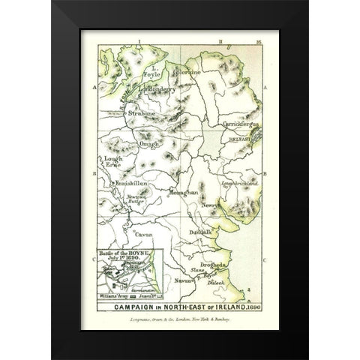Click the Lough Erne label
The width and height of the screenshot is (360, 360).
[109, 165]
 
